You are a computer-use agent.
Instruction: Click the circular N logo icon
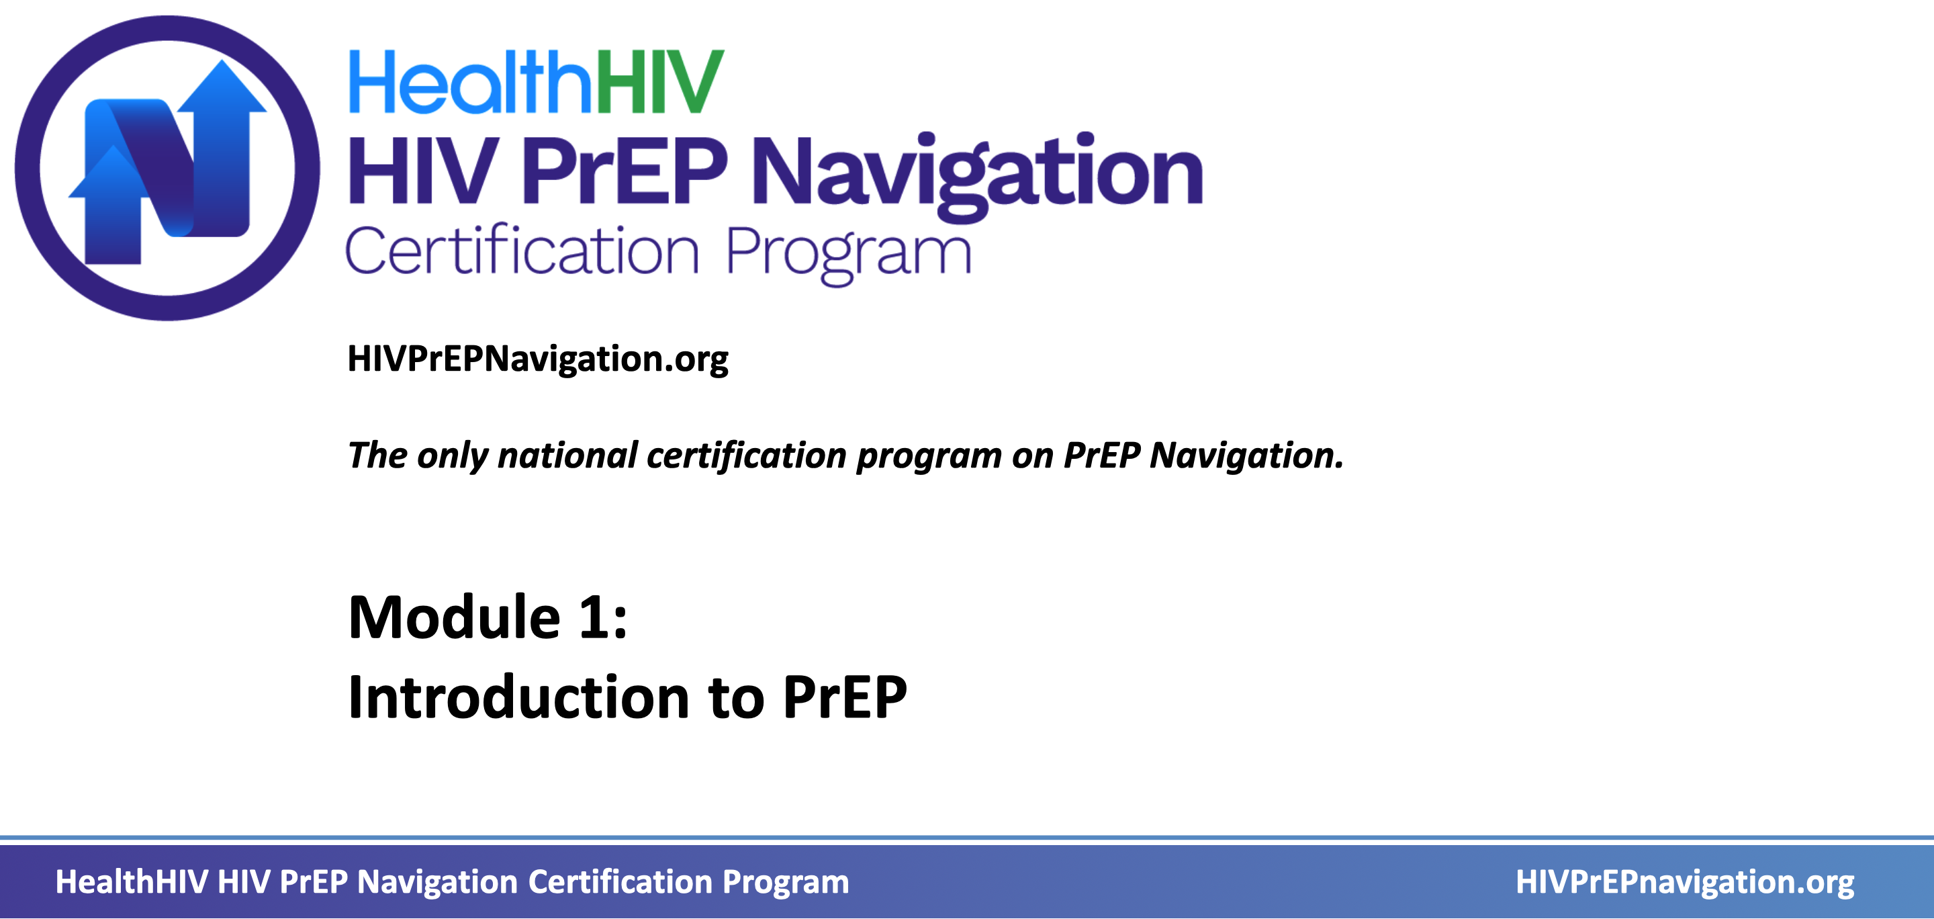(167, 168)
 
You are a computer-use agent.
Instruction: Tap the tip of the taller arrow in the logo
(222, 60)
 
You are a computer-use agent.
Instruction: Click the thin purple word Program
(848, 255)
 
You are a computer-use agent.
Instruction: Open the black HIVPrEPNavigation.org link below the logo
(537, 359)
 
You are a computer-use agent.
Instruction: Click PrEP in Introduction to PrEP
(845, 697)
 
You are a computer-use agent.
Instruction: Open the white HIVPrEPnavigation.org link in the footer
(1685, 882)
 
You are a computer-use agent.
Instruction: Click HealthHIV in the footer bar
(132, 881)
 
